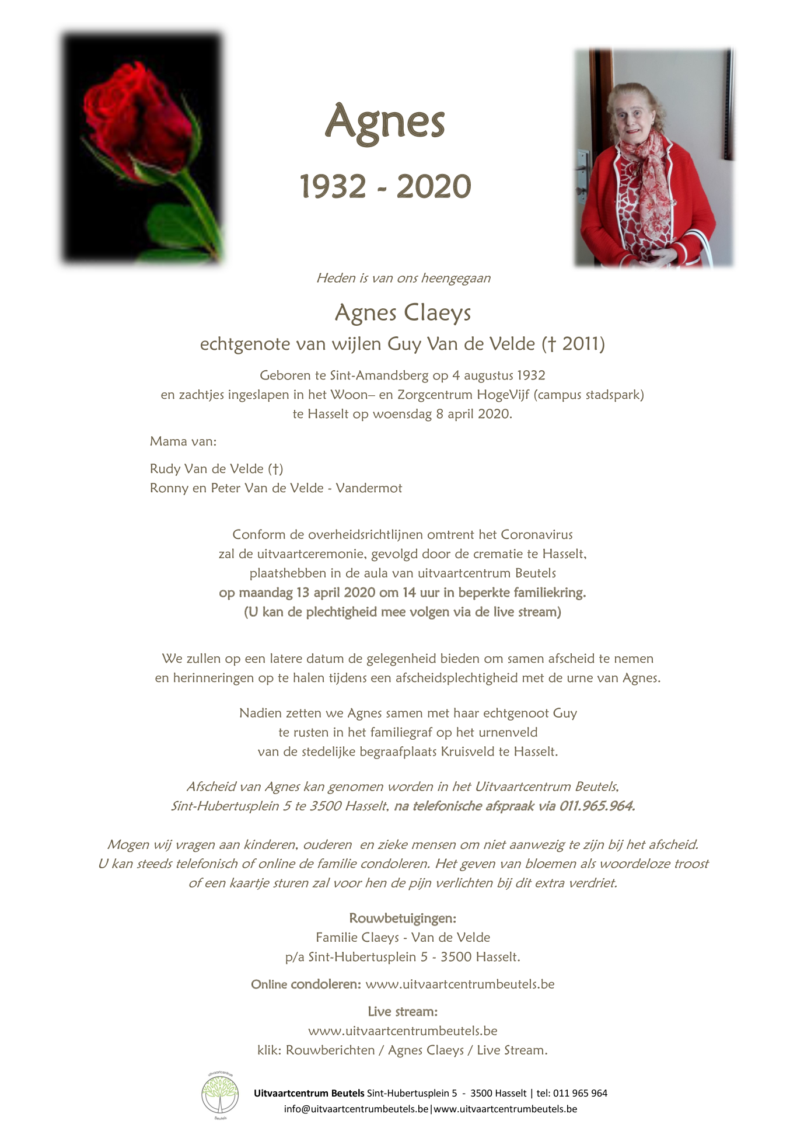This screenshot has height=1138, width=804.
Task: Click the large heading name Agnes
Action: point(384,123)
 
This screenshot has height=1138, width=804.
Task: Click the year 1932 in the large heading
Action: point(333,187)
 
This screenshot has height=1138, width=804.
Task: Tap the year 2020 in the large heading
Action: point(434,187)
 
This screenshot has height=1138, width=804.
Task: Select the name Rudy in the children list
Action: point(165,469)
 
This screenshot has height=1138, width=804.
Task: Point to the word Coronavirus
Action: point(537,535)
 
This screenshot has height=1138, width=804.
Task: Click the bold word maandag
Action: point(265,593)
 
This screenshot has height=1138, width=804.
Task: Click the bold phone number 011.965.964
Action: point(597,806)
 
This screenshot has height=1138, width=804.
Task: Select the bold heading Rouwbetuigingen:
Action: point(403,918)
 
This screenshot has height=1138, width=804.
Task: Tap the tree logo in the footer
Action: point(220,1096)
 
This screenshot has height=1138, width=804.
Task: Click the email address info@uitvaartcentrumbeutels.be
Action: point(356,1109)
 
